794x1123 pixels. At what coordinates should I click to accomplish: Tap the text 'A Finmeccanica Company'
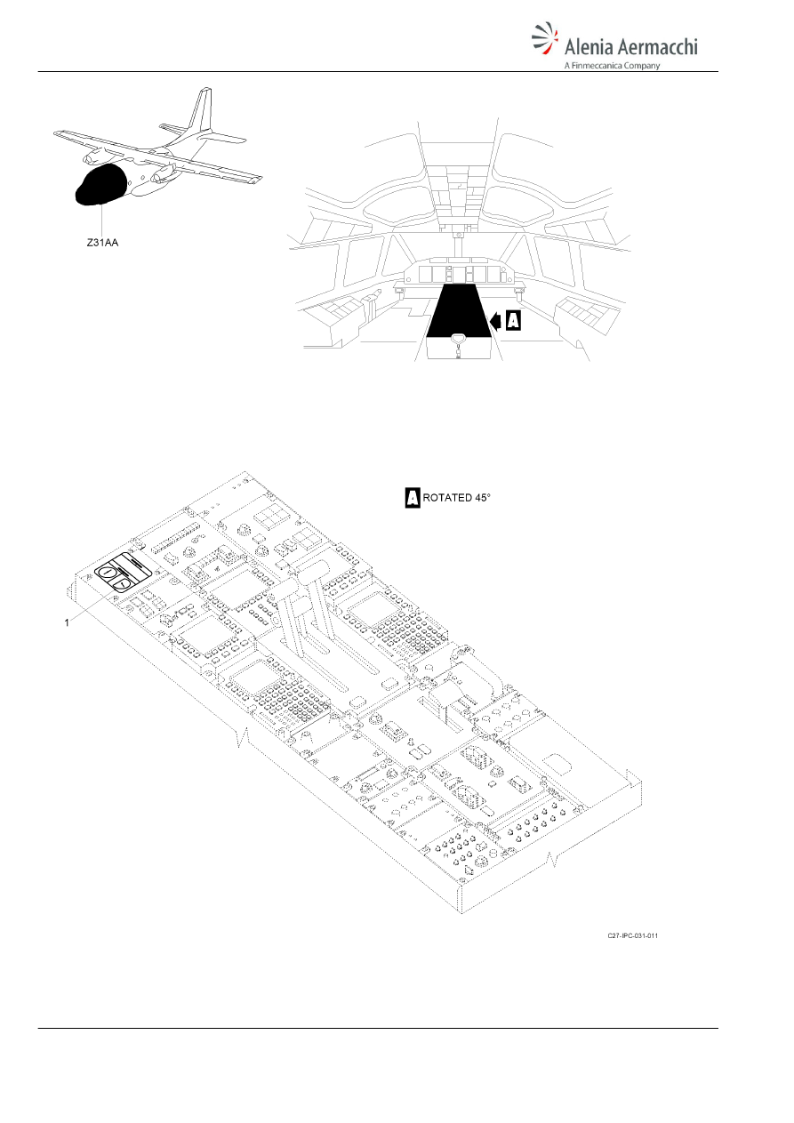coord(612,65)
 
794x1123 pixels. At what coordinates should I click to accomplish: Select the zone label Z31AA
coord(102,243)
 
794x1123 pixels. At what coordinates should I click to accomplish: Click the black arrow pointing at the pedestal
coord(495,321)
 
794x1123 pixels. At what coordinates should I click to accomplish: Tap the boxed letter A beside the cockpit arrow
coord(513,321)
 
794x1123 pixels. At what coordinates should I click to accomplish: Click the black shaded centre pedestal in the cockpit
coord(459,312)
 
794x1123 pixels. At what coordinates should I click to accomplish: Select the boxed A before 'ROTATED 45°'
coord(413,498)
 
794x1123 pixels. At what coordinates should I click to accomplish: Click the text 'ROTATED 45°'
coord(457,498)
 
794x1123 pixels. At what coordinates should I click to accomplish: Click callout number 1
coord(67,622)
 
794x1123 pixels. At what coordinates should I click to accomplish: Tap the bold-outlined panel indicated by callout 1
coord(124,572)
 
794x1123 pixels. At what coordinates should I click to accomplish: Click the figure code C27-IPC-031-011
coord(632,935)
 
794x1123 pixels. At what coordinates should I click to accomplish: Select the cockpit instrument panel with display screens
coord(459,274)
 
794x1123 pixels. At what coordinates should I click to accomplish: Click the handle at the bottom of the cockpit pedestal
coord(459,343)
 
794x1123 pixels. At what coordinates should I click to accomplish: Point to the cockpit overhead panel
coord(459,196)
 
